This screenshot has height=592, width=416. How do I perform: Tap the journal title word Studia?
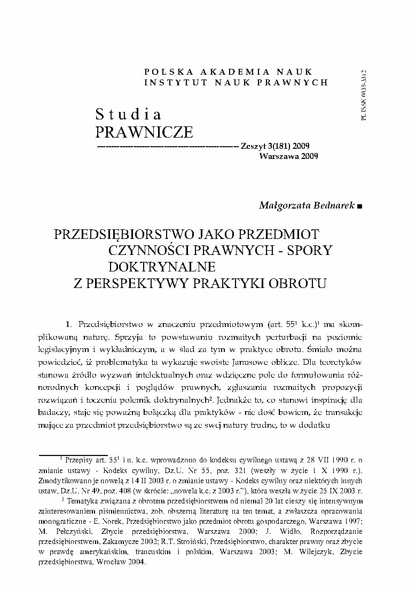128,114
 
